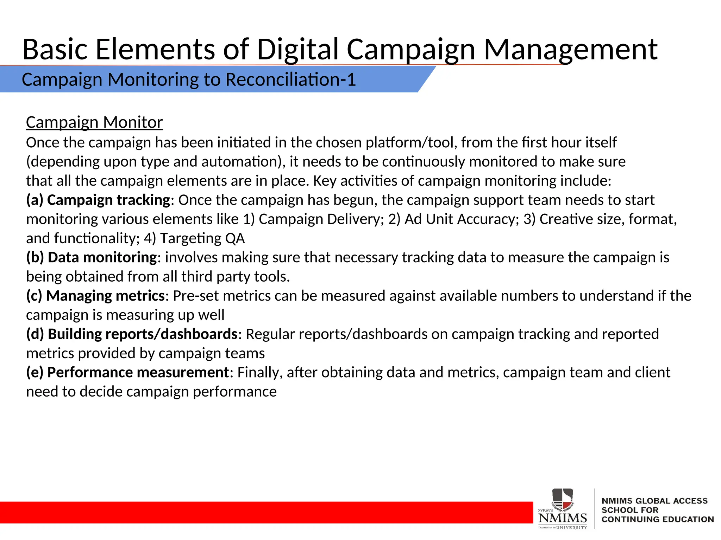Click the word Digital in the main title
pyautogui.click(x=298, y=49)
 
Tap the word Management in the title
pyautogui.click(x=570, y=49)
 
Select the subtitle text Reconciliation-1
pyautogui.click(x=290, y=79)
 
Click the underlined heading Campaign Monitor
pyautogui.click(x=94, y=122)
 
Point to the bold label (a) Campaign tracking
pyautogui.click(x=98, y=200)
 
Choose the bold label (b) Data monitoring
pyautogui.click(x=92, y=257)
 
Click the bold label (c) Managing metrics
pyautogui.click(x=95, y=296)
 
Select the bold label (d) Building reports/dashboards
pyautogui.click(x=132, y=334)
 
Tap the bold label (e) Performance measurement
pyautogui.click(x=128, y=372)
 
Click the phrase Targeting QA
pyautogui.click(x=202, y=238)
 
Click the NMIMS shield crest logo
pyautogui.click(x=562, y=499)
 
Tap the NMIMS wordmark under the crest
pyautogui.click(x=562, y=518)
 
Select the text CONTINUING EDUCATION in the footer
pyautogui.click(x=657, y=519)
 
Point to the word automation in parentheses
pyautogui.click(x=239, y=162)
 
